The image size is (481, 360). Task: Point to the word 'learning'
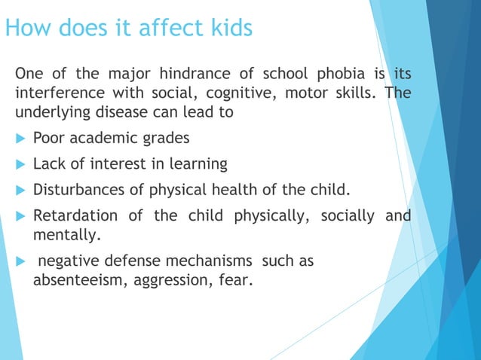coord(198,163)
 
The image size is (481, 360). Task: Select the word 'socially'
coord(348,216)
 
